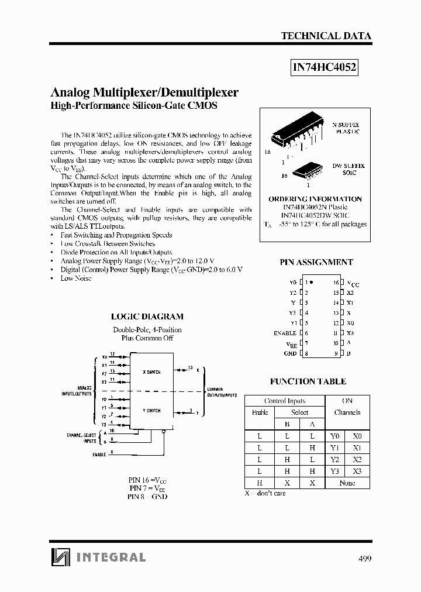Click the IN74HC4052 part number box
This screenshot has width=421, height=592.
coord(324,67)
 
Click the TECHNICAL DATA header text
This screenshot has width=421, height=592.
coord(326,36)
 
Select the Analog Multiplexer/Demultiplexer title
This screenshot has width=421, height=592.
coord(145,92)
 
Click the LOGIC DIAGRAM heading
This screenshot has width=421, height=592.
coord(147,316)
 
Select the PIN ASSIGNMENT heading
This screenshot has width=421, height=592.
coord(316,263)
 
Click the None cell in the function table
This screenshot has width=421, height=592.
coord(347,483)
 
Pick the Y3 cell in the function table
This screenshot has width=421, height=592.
coord(334,471)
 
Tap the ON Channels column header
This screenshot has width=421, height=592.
coord(347,407)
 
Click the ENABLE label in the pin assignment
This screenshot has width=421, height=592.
coord(285,333)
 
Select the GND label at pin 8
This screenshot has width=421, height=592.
coord(290,353)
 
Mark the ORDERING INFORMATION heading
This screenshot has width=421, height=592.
coord(315,199)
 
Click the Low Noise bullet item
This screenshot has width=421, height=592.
coord(76,278)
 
